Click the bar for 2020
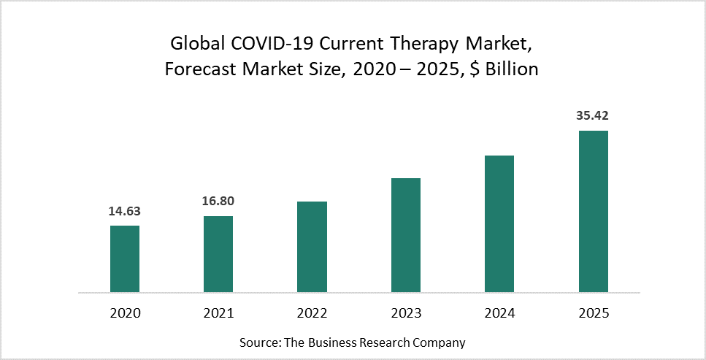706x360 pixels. (125, 259)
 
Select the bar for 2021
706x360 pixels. (218, 254)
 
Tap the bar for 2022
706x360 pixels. (312, 247)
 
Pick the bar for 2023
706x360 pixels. (406, 235)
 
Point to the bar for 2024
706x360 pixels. (499, 223)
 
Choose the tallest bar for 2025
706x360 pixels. (593, 212)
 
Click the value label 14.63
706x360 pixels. (125, 212)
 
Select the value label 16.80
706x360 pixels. (218, 202)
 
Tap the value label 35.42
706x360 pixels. (593, 116)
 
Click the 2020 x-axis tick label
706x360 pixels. (125, 313)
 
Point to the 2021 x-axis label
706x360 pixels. (218, 313)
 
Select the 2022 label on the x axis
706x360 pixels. (312, 313)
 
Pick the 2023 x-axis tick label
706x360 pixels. (406, 313)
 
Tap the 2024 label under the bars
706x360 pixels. (499, 313)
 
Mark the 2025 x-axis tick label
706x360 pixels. (593, 313)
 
